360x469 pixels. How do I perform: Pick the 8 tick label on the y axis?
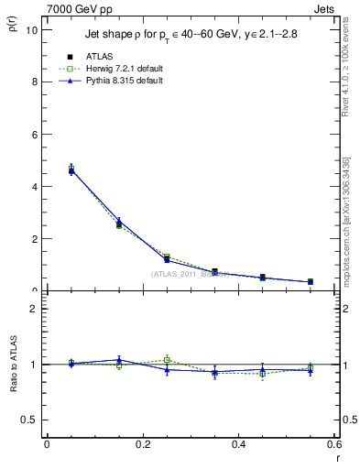[34, 82]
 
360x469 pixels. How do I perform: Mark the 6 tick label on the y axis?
[34, 134]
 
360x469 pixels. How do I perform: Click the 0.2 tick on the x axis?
[142, 444]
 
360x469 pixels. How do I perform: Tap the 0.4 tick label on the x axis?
[238, 444]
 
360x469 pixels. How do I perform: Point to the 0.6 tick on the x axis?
[334, 444]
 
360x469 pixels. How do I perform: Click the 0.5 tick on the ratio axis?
[30, 420]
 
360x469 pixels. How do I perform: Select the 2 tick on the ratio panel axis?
[34, 309]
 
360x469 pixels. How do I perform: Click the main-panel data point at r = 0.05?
[71, 170]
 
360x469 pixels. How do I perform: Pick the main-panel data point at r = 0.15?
[119, 223]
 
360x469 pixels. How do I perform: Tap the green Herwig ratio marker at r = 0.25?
[167, 359]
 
